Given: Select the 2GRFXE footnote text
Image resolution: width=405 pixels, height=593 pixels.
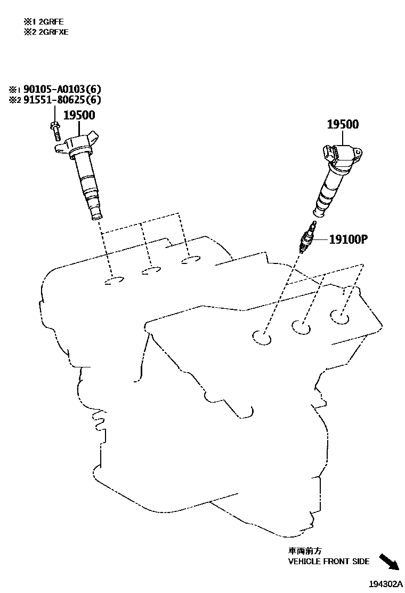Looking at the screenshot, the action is [x=48, y=31].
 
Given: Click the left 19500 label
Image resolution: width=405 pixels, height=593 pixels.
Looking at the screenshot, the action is [x=80, y=115].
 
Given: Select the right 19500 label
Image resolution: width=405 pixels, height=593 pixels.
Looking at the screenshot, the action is [x=343, y=125].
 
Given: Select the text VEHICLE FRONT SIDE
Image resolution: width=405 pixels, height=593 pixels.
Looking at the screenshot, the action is [x=329, y=561].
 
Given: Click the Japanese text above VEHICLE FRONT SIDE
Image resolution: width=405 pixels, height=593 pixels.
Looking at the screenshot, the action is [x=306, y=551].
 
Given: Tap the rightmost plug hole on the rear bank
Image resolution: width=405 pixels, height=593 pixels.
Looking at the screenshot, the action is [x=190, y=260].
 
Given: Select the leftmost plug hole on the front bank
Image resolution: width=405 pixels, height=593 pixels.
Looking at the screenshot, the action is [x=262, y=336].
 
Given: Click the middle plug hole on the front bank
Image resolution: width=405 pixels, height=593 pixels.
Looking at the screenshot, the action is [x=302, y=326].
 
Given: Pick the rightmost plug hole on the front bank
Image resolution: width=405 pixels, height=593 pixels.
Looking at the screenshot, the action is [x=339, y=316].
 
